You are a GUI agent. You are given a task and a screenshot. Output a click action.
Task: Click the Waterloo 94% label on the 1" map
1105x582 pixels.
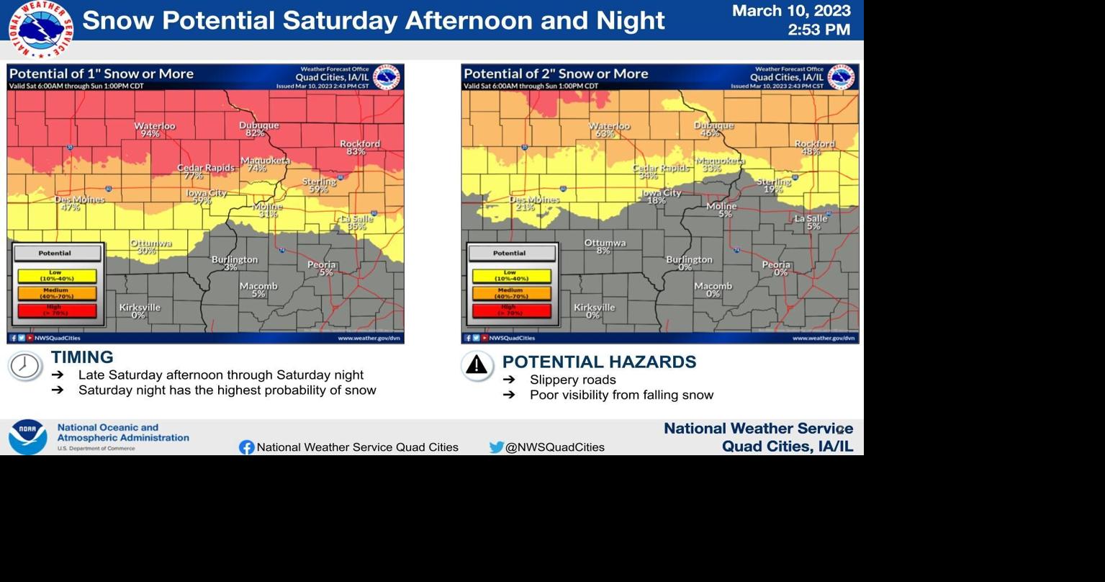coord(154,130)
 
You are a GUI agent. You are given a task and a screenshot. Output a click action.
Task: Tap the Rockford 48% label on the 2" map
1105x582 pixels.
coord(813,148)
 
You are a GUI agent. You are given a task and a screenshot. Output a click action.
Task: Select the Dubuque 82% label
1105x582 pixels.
coord(258,129)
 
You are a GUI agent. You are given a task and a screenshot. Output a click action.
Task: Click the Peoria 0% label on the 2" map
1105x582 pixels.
coord(776,269)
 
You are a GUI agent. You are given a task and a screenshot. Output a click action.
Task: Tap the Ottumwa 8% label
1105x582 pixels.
coord(605,246)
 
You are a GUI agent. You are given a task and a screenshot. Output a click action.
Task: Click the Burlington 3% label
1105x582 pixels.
coord(234,263)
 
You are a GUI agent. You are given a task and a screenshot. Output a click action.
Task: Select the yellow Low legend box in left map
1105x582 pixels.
coord(57,276)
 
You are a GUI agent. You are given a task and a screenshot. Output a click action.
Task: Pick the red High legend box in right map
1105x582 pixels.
coord(511,310)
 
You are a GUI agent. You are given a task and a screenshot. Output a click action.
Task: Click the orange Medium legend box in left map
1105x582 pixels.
coord(57,293)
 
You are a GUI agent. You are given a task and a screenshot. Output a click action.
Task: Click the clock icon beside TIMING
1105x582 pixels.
coord(24,366)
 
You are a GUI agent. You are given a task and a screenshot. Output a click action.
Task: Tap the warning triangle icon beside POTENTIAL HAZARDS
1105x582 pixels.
coord(477,366)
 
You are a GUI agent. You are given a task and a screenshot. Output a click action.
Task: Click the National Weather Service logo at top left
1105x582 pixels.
coord(41,30)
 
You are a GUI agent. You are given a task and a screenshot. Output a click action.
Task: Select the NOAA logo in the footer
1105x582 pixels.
coord(27,436)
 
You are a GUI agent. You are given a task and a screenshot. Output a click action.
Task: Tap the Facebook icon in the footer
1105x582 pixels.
coord(246,447)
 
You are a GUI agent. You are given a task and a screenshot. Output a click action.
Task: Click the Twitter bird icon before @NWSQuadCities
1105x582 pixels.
coord(496,447)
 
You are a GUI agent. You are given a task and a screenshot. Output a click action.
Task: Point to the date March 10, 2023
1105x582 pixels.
coord(791,11)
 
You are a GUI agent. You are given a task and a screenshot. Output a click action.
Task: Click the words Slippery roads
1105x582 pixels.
coord(572,380)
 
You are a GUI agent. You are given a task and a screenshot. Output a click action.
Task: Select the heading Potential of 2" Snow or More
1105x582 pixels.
coord(556,73)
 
